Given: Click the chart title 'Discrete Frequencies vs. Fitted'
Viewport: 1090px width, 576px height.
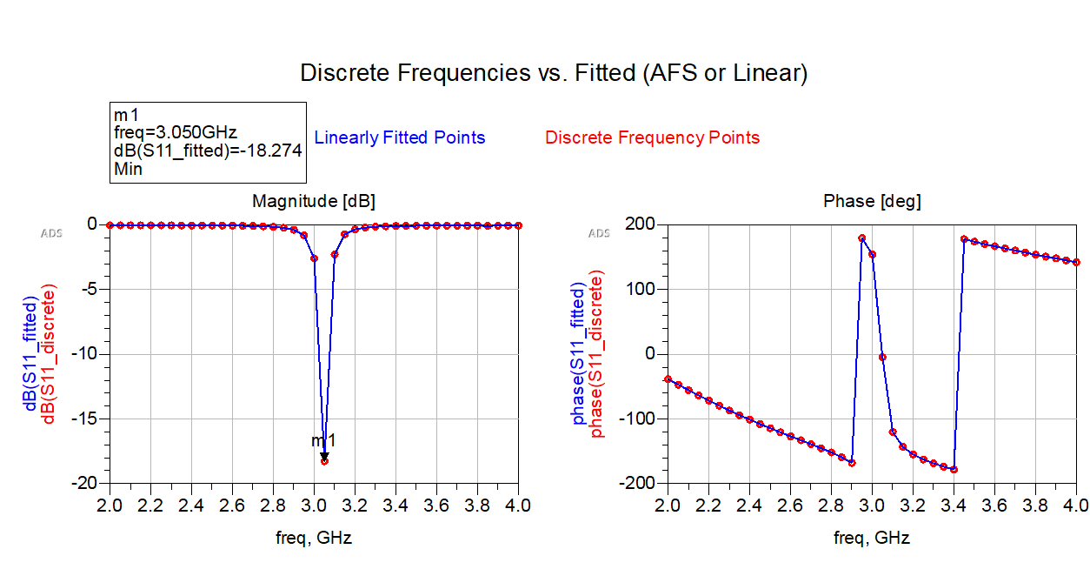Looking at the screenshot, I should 554,73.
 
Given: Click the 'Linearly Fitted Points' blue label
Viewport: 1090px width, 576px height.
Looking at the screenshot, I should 399,137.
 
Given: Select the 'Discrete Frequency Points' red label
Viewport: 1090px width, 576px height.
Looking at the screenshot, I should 652,137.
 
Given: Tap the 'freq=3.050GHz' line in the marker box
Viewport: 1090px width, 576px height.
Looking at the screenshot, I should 174,133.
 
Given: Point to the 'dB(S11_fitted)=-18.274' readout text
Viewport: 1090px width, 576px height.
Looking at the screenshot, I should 208,151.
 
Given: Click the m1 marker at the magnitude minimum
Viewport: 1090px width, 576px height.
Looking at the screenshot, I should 324,457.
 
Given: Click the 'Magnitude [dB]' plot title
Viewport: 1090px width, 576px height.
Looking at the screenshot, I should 314,202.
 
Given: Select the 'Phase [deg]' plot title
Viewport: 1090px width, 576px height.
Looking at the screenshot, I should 872,202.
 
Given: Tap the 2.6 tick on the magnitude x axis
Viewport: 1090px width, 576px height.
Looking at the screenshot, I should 232,506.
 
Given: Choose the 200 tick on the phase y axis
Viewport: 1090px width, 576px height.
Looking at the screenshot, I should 641,224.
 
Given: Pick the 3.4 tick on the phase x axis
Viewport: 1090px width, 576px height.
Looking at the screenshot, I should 954,506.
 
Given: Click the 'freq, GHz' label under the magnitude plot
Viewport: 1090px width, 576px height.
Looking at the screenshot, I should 314,539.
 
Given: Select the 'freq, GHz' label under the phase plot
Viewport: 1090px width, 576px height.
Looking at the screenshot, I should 872,539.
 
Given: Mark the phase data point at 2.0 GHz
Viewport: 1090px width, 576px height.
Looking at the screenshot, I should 668,379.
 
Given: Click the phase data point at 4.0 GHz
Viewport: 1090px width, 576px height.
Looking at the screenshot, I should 1076,262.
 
